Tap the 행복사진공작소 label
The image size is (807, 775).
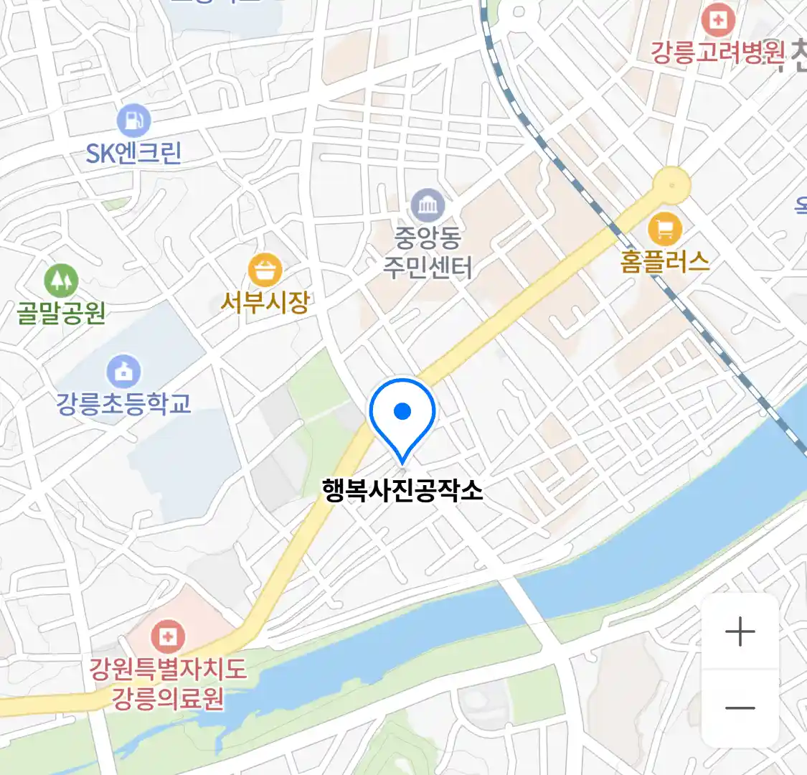402,490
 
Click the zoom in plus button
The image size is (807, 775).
740,632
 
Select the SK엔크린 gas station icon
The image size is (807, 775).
133,120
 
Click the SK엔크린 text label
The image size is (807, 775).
133,153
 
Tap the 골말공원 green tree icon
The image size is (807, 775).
61,280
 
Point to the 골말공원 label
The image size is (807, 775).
62,313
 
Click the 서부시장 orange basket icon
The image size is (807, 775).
265,271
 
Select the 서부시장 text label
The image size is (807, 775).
265,302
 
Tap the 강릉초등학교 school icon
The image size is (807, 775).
123,371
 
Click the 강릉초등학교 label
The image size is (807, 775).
123,403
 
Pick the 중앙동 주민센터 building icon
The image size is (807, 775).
428,207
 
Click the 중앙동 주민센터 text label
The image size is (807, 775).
428,252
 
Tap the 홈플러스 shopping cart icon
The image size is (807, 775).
664,229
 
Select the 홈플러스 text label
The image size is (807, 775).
665,261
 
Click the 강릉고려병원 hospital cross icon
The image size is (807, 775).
717,20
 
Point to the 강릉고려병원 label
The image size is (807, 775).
717,52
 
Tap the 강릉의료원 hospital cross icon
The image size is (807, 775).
168,637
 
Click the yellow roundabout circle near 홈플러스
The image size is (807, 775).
672,184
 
